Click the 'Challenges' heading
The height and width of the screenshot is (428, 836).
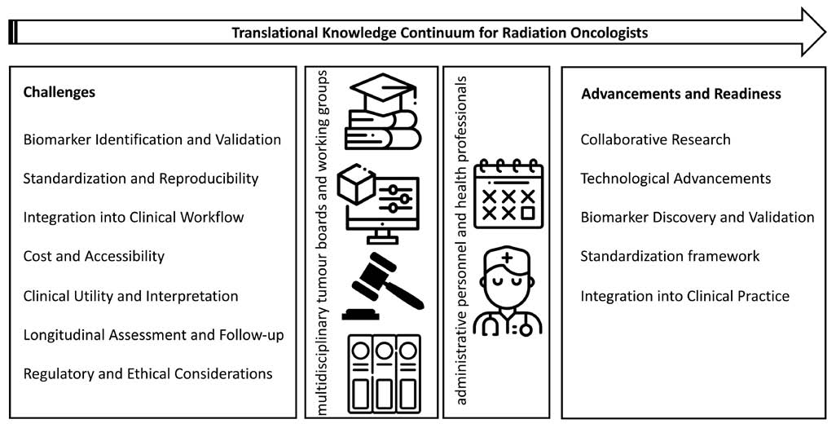(x=59, y=92)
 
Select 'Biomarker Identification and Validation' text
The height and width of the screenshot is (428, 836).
(x=152, y=140)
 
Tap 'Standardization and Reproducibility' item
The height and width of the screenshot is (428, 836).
(x=141, y=179)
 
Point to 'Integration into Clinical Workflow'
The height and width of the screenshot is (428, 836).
(x=134, y=217)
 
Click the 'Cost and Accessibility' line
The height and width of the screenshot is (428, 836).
(x=94, y=256)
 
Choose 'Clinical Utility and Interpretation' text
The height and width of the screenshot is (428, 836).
(x=130, y=296)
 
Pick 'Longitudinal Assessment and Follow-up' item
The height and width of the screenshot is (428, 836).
(x=153, y=335)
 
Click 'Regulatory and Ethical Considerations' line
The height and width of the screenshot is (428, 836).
(x=147, y=373)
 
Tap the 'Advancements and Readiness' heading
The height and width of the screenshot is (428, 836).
(x=681, y=94)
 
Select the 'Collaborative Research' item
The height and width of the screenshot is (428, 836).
(x=655, y=140)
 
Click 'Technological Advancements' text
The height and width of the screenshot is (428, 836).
(x=675, y=179)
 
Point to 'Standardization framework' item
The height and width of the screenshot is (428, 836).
(x=670, y=256)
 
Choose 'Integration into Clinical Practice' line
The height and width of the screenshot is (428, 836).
(x=684, y=296)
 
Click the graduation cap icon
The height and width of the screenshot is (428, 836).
(x=381, y=88)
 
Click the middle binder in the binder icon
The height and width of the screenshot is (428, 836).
(x=383, y=373)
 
